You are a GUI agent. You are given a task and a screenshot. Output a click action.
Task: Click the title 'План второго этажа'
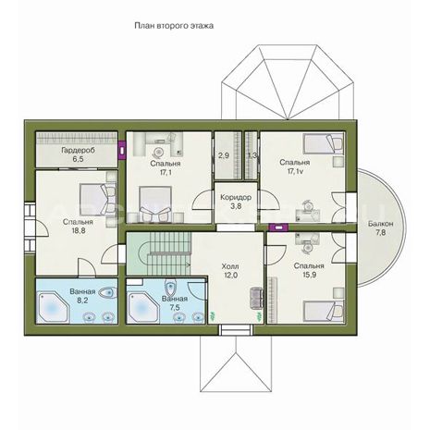(x=174, y=26)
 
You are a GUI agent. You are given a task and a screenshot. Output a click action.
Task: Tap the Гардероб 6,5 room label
(x=78, y=154)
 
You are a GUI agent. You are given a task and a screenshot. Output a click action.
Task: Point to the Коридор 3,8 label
(x=236, y=202)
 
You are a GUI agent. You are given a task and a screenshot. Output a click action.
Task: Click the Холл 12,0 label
(x=230, y=271)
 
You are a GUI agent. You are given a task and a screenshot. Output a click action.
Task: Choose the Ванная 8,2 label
(x=82, y=296)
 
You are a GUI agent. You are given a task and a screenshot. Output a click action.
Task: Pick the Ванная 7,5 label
(x=175, y=303)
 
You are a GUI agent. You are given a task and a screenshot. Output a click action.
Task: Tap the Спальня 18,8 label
(x=78, y=227)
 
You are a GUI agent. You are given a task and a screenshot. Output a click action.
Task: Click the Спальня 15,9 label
(x=309, y=270)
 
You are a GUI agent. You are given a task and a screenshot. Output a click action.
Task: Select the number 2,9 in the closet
(x=224, y=155)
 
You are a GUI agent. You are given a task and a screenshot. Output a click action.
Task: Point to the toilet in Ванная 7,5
(x=170, y=289)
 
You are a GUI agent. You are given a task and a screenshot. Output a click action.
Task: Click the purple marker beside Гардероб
(x=122, y=151)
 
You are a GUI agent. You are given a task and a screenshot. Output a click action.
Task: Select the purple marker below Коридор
(x=278, y=227)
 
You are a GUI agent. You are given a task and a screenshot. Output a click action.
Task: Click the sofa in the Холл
(x=256, y=298)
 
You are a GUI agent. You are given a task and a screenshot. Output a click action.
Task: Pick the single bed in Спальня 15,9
(x=324, y=311)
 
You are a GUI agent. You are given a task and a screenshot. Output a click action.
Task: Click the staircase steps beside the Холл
(x=168, y=253)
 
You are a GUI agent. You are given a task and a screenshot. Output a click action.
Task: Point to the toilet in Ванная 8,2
(x=108, y=293)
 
